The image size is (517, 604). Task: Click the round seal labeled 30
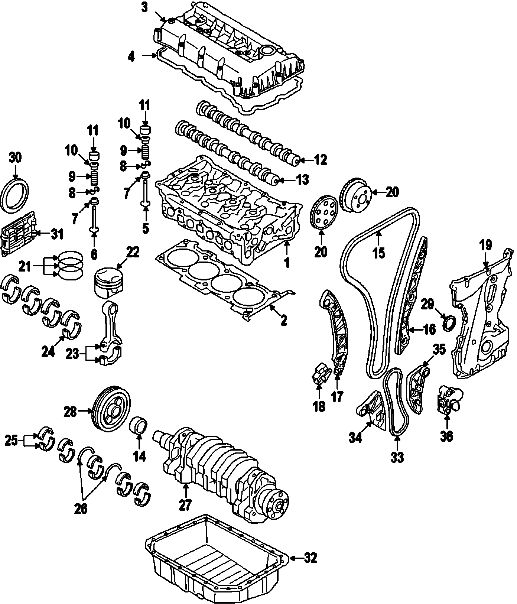[15, 196]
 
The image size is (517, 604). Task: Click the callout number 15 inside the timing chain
[379, 252]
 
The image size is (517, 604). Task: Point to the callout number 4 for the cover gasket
[131, 56]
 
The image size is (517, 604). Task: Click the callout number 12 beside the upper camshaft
[321, 160]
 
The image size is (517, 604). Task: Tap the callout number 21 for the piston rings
[25, 266]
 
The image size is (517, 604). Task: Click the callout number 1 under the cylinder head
[286, 263]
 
